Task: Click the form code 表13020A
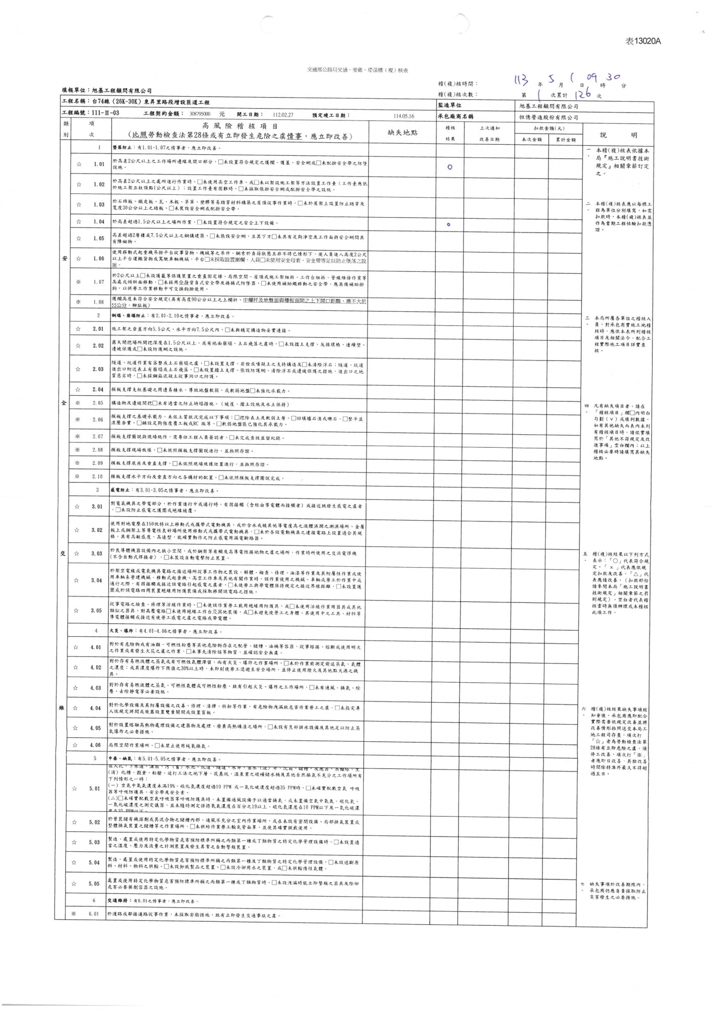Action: [643, 42]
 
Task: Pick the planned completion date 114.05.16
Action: [404, 116]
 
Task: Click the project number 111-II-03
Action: [106, 114]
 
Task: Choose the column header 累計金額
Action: [565, 140]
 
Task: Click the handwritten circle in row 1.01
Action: [449, 167]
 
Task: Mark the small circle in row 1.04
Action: [448, 225]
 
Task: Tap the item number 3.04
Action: [96, 580]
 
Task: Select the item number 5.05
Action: [94, 884]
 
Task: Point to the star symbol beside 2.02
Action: [78, 346]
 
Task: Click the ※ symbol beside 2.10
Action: [78, 476]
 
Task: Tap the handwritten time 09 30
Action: [603, 77]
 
